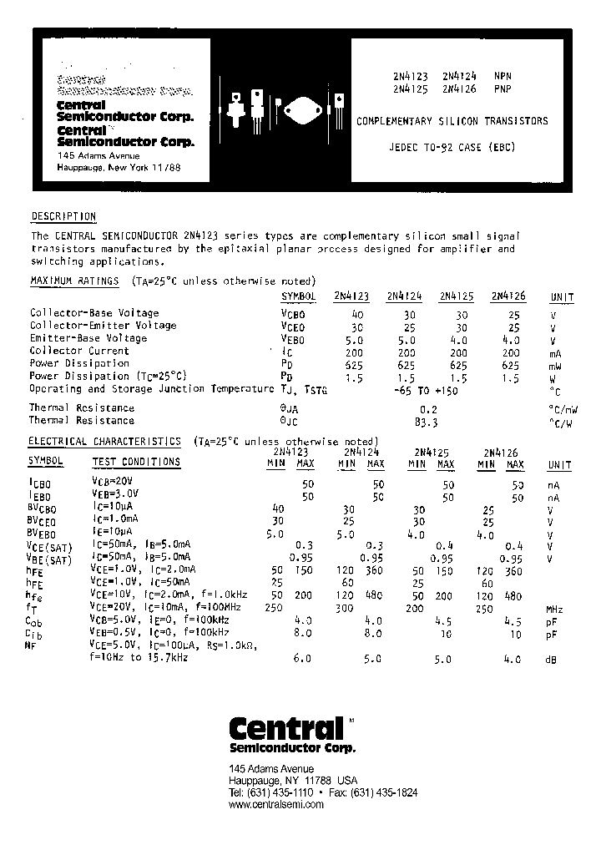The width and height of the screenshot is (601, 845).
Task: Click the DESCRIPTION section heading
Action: click(x=63, y=217)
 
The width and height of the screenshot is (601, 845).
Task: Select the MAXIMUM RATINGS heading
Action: click(x=74, y=281)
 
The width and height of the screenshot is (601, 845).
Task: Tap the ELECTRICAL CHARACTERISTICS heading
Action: click(x=105, y=441)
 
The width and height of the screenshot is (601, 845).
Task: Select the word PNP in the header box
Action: click(x=503, y=88)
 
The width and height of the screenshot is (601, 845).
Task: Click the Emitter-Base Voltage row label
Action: click(x=88, y=339)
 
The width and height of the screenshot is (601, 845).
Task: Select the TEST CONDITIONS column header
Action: click(x=135, y=462)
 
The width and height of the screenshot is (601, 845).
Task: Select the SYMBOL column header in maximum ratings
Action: click(x=298, y=296)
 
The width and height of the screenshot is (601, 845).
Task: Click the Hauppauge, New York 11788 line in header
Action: click(x=119, y=168)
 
